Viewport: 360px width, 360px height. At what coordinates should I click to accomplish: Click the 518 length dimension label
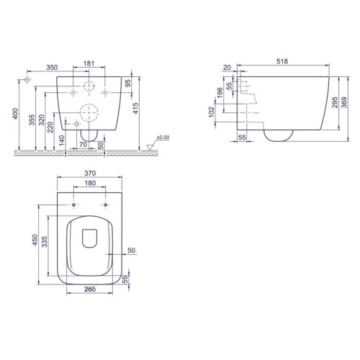tap(282, 61)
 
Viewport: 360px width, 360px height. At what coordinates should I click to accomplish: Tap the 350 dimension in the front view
tap(52, 68)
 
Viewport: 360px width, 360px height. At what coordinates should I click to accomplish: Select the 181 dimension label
tap(89, 63)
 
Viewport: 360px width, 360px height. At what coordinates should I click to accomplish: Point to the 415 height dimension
tap(135, 108)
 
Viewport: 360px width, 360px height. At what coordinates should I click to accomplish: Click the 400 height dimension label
tap(15, 114)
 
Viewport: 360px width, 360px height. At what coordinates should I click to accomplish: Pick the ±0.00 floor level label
tap(163, 138)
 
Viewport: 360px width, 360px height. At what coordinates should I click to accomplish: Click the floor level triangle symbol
tap(150, 147)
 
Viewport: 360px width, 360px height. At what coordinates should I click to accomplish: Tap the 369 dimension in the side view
tap(344, 102)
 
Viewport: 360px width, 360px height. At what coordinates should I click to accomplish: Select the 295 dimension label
tap(335, 102)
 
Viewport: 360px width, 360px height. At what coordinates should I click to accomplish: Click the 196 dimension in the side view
tap(220, 93)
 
